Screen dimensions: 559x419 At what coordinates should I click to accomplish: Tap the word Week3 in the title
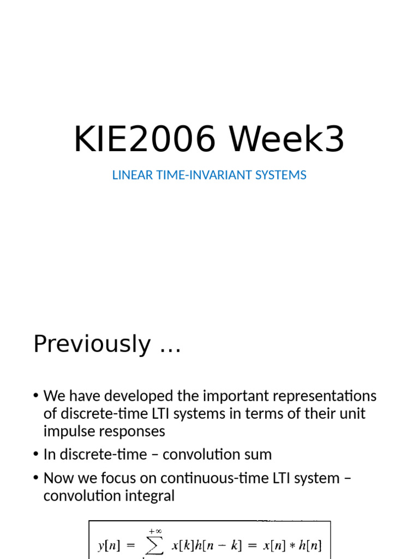coord(286,140)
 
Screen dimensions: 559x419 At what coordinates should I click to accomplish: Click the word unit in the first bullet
coord(352,414)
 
